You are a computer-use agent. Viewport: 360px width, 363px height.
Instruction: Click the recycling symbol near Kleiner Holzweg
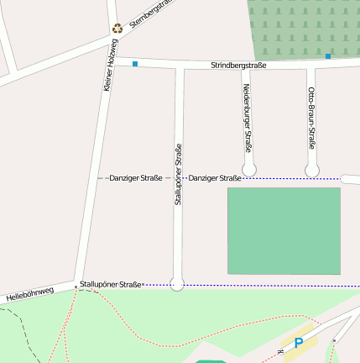pyautogui.click(x=117, y=28)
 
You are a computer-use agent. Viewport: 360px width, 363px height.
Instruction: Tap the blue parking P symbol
pyautogui.click(x=298, y=343)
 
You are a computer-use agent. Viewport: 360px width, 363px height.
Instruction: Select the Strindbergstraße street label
pyautogui.click(x=238, y=65)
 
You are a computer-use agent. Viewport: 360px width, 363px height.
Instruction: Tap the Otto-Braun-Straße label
pyautogui.click(x=311, y=118)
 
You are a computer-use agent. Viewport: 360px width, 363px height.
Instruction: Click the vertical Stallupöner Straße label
pyautogui.click(x=178, y=175)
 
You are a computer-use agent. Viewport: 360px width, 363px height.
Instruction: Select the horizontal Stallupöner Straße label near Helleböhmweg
pyautogui.click(x=111, y=285)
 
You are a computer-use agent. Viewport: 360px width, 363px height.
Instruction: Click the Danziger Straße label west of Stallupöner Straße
pyautogui.click(x=135, y=178)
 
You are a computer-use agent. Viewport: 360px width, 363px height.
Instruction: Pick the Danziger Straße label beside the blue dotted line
pyautogui.click(x=215, y=178)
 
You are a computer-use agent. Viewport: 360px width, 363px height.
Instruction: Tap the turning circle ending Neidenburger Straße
pyautogui.click(x=248, y=171)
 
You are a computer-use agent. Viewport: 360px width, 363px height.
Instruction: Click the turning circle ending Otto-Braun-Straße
pyautogui.click(x=312, y=171)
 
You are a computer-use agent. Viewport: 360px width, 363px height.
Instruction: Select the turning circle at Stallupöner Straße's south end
pyautogui.click(x=177, y=284)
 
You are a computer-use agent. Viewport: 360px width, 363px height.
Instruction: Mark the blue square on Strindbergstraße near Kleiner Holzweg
pyautogui.click(x=134, y=64)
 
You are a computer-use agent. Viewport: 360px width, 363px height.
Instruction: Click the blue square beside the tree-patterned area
pyautogui.click(x=328, y=56)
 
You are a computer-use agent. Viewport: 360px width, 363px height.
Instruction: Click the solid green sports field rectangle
pyautogui.click(x=284, y=230)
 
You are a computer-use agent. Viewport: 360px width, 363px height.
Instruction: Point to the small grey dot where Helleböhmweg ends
pyautogui.click(x=76, y=287)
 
